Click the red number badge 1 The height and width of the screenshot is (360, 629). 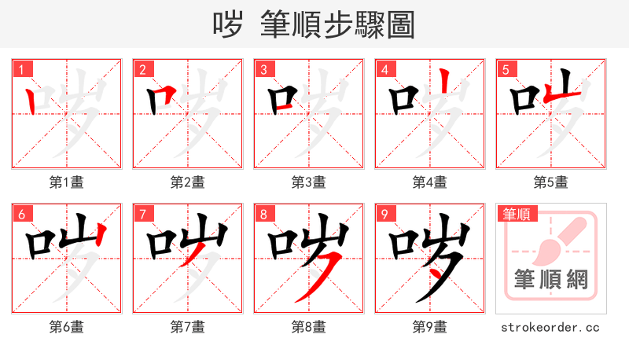coord(21,69)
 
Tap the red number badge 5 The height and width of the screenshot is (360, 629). coord(506,69)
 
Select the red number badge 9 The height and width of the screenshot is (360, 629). coord(384,214)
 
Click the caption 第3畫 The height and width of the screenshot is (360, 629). coord(308,182)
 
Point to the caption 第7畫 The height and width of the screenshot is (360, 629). coord(187,327)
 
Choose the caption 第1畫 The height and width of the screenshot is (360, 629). coord(66,182)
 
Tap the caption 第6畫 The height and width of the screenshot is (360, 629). coord(66,327)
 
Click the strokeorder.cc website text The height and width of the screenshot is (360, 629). coord(550,327)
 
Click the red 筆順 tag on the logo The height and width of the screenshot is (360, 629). coord(515,214)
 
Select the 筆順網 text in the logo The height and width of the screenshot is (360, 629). coord(550,280)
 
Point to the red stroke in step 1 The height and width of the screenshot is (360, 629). coord(30,101)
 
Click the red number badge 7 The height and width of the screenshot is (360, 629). coord(142,214)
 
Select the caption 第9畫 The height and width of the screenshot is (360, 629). coord(429,327)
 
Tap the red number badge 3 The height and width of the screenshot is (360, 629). coord(263,69)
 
